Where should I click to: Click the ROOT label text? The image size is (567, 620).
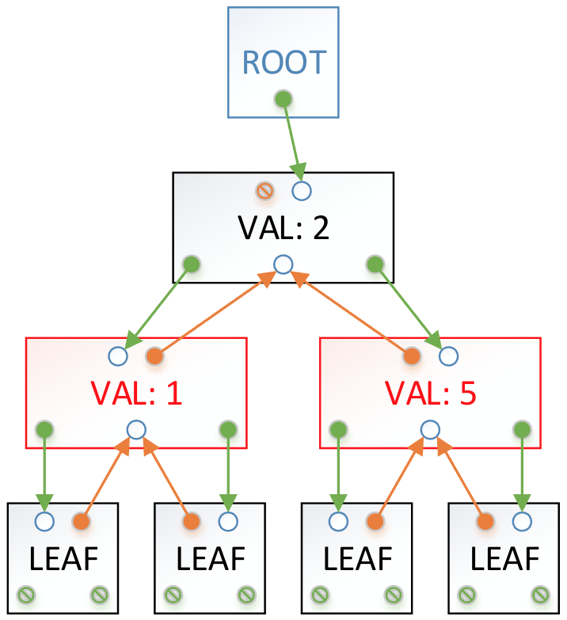tap(283, 62)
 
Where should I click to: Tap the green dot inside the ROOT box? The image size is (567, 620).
tap(281, 98)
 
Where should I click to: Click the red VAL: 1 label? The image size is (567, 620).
tap(135, 392)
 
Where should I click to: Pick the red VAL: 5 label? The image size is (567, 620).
tap(430, 392)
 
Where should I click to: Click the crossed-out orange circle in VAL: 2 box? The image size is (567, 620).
tap(264, 190)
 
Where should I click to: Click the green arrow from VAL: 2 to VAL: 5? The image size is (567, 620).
tap(407, 305)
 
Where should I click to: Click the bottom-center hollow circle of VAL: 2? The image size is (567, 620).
tap(283, 264)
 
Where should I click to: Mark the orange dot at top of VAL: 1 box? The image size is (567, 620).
tap(154, 356)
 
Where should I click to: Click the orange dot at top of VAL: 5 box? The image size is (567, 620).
tap(411, 356)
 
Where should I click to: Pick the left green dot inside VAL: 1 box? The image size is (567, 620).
tap(44, 429)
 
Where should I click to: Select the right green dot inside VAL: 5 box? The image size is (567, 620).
tap(521, 429)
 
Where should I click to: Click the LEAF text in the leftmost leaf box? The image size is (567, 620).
tap(63, 559)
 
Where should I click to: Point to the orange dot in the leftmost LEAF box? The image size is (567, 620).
tap(81, 521)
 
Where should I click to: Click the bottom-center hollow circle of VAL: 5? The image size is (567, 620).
tap(430, 429)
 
